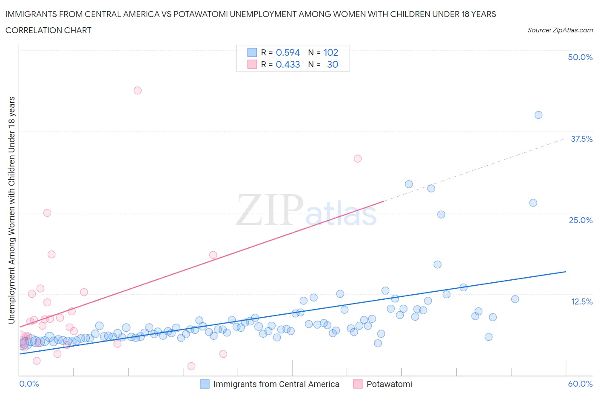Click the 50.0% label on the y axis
pyautogui.click(x=580, y=57)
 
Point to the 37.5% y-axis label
pyautogui.click(x=581, y=139)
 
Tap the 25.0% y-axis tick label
pyautogui.click(x=581, y=220)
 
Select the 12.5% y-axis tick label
pyautogui.click(x=581, y=301)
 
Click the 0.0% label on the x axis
pyautogui.click(x=29, y=384)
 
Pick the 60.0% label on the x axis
pyautogui.click(x=580, y=384)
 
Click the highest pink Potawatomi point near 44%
pyautogui.click(x=137, y=90)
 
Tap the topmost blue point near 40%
pyautogui.click(x=538, y=115)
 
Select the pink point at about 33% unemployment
pyautogui.click(x=358, y=158)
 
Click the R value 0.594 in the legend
pyautogui.click(x=288, y=52)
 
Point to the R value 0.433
pyautogui.click(x=288, y=64)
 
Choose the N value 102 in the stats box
pyautogui.click(x=331, y=52)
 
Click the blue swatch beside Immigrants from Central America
pyautogui.click(x=205, y=384)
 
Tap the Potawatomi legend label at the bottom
pyautogui.click(x=389, y=384)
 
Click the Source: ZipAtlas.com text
pyautogui.click(x=560, y=30)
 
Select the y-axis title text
pyautogui.click(x=12, y=210)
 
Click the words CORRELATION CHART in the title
pyautogui.click(x=48, y=30)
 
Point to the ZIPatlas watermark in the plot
pyautogui.click(x=306, y=210)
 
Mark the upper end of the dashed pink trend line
pyautogui.click(x=565, y=139)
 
